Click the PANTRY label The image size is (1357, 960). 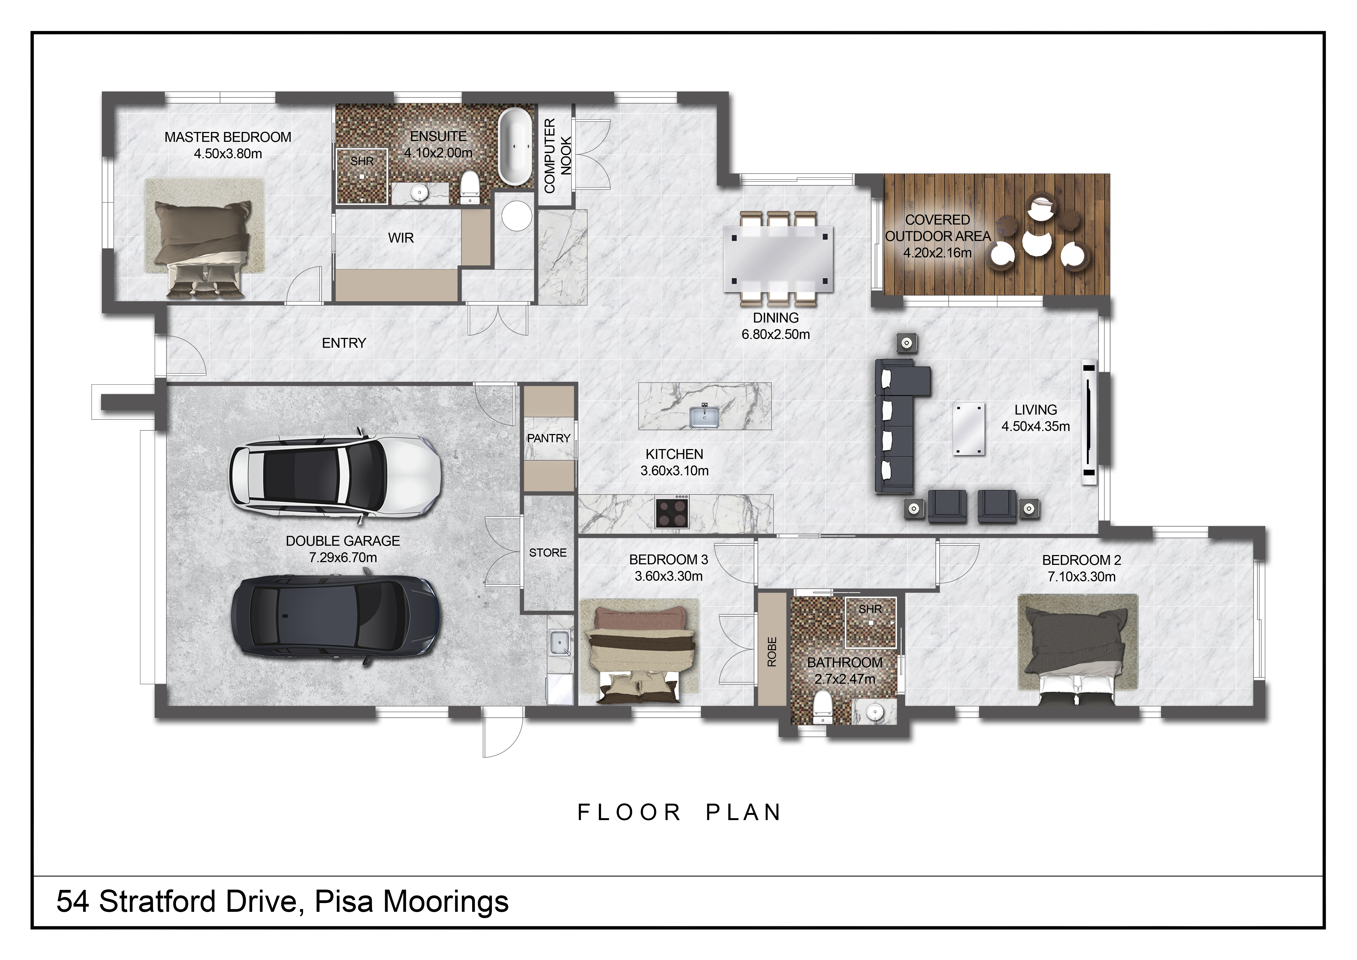tap(548, 438)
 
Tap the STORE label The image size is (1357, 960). tap(548, 553)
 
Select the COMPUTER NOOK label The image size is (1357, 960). tap(557, 156)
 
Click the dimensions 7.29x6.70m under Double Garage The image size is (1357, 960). tap(343, 557)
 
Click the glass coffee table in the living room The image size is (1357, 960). tap(969, 429)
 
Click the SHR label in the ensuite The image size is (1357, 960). tap(362, 161)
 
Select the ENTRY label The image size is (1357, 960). tap(344, 343)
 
